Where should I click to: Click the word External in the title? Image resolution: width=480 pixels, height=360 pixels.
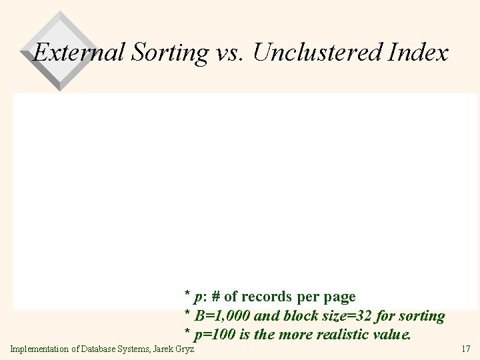[x=79, y=53]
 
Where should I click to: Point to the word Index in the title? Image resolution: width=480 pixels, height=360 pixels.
[x=419, y=53]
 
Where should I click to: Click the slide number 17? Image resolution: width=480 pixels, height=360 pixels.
[x=465, y=349]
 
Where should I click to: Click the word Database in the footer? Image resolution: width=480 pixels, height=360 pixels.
[x=99, y=349]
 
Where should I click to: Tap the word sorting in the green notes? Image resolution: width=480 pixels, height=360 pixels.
[x=422, y=315]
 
